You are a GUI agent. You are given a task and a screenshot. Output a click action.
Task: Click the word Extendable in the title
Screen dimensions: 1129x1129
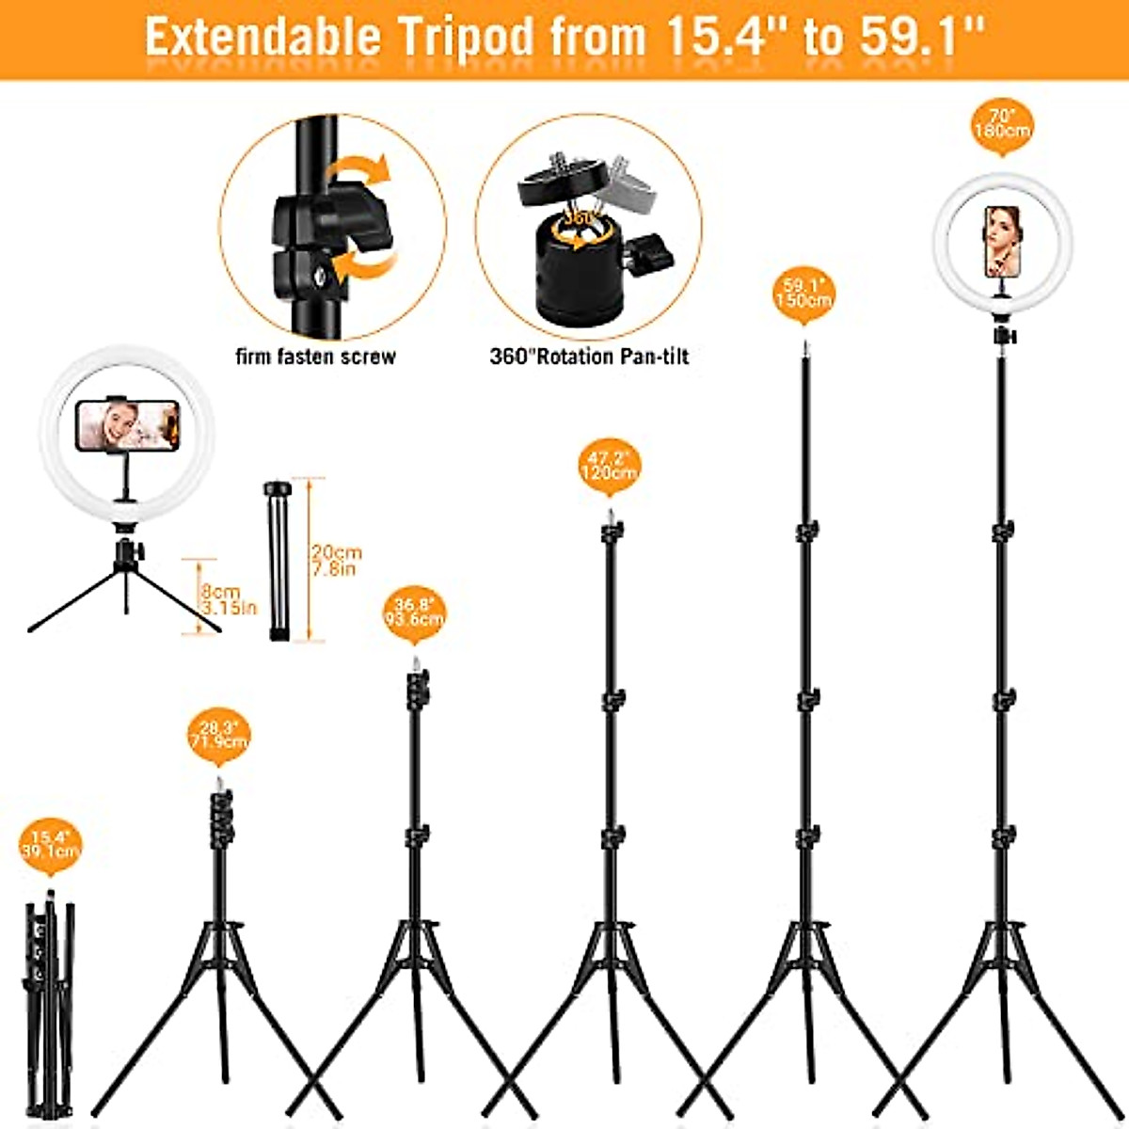pos(262,38)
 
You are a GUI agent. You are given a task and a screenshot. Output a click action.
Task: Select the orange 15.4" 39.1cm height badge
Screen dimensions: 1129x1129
pos(51,845)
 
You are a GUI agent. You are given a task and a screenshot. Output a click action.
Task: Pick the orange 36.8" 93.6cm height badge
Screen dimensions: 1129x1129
pos(414,612)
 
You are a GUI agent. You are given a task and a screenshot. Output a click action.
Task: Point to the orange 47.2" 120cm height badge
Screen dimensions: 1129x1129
pos(610,466)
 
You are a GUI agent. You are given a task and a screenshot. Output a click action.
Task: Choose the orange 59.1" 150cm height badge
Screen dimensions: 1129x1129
pos(803,292)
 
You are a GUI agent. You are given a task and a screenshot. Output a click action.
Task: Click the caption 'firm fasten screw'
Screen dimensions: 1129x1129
pos(315,357)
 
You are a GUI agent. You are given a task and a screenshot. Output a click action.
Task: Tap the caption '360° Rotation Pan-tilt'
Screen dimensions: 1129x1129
pos(589,357)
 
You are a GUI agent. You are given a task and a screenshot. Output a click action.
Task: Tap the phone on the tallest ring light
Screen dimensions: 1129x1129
pos(1002,242)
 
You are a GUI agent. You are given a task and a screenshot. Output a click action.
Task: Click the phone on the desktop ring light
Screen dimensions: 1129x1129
pos(127,425)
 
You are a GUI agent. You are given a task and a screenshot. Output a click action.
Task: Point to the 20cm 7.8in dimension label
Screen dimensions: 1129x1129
pos(336,561)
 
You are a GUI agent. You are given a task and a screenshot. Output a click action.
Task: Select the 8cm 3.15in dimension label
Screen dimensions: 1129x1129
pos(227,600)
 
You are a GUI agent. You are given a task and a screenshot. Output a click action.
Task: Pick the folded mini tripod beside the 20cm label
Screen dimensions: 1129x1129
pos(277,561)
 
